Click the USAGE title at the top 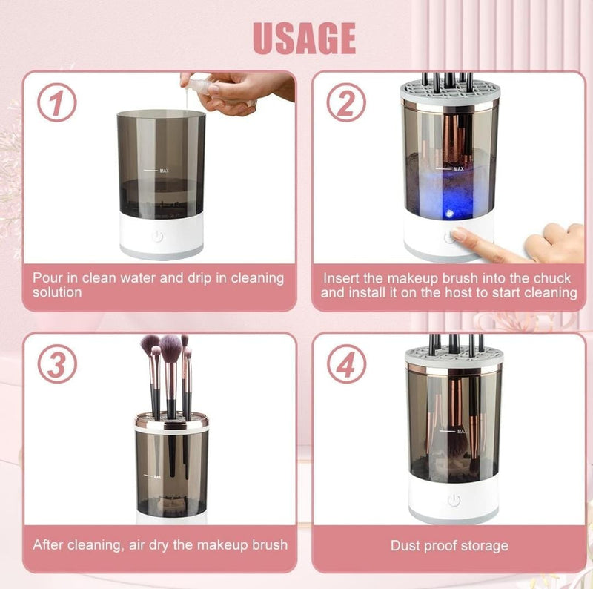click(x=304, y=38)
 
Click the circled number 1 click(x=58, y=105)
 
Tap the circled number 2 click(x=346, y=105)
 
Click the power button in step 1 click(x=157, y=237)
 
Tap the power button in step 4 click(x=454, y=500)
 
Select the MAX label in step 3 click(x=156, y=477)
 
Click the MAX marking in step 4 click(x=461, y=430)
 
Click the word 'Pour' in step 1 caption click(x=48, y=278)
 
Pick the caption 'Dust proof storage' click(x=449, y=546)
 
